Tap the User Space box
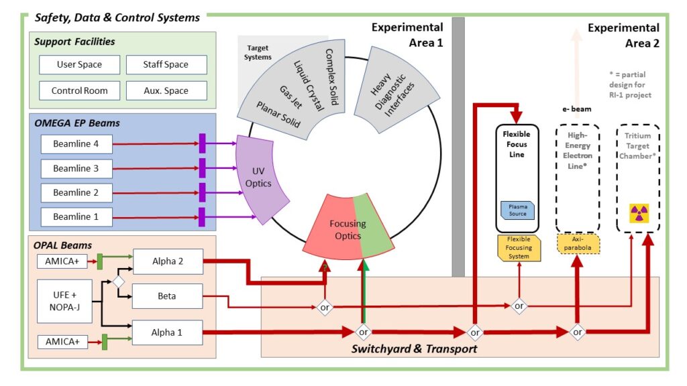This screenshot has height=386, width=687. tap(80, 65)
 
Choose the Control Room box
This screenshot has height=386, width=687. tap(80, 90)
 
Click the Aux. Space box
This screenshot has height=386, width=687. tap(166, 90)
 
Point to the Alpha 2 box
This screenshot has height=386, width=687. tap(168, 261)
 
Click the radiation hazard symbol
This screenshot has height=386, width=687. tap(638, 213)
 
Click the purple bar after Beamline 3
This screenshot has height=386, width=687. tap(202, 168)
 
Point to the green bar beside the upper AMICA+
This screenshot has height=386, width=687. tap(99, 260)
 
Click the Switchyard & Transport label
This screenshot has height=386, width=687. tap(414, 349)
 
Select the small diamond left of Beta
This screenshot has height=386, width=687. tap(118, 281)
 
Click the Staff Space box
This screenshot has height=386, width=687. tap(166, 65)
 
